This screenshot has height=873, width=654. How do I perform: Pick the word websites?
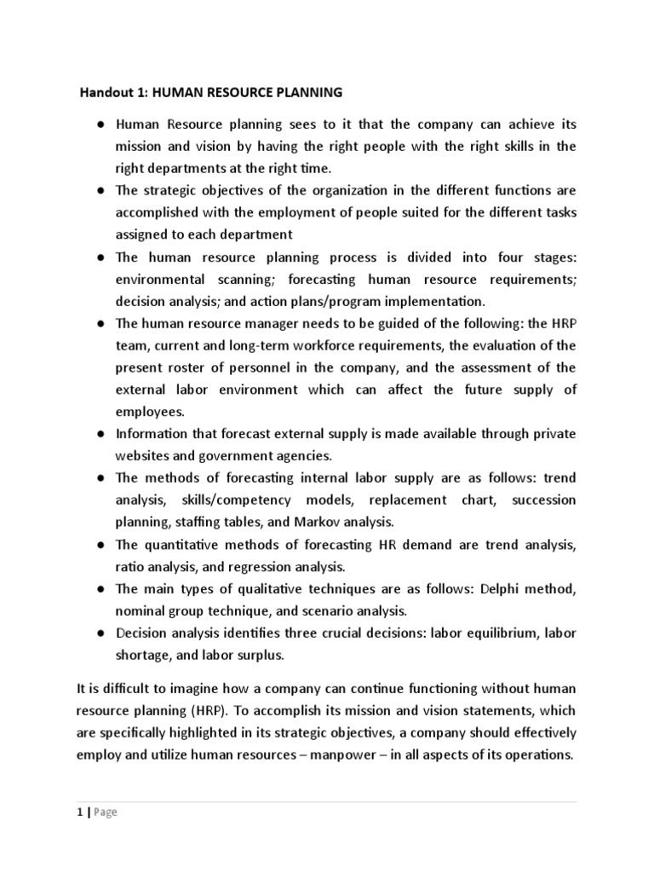(141, 456)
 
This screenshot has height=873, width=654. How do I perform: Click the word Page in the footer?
(106, 812)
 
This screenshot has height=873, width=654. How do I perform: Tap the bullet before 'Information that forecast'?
(100, 434)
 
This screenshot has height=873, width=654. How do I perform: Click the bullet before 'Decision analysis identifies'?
(100, 633)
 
